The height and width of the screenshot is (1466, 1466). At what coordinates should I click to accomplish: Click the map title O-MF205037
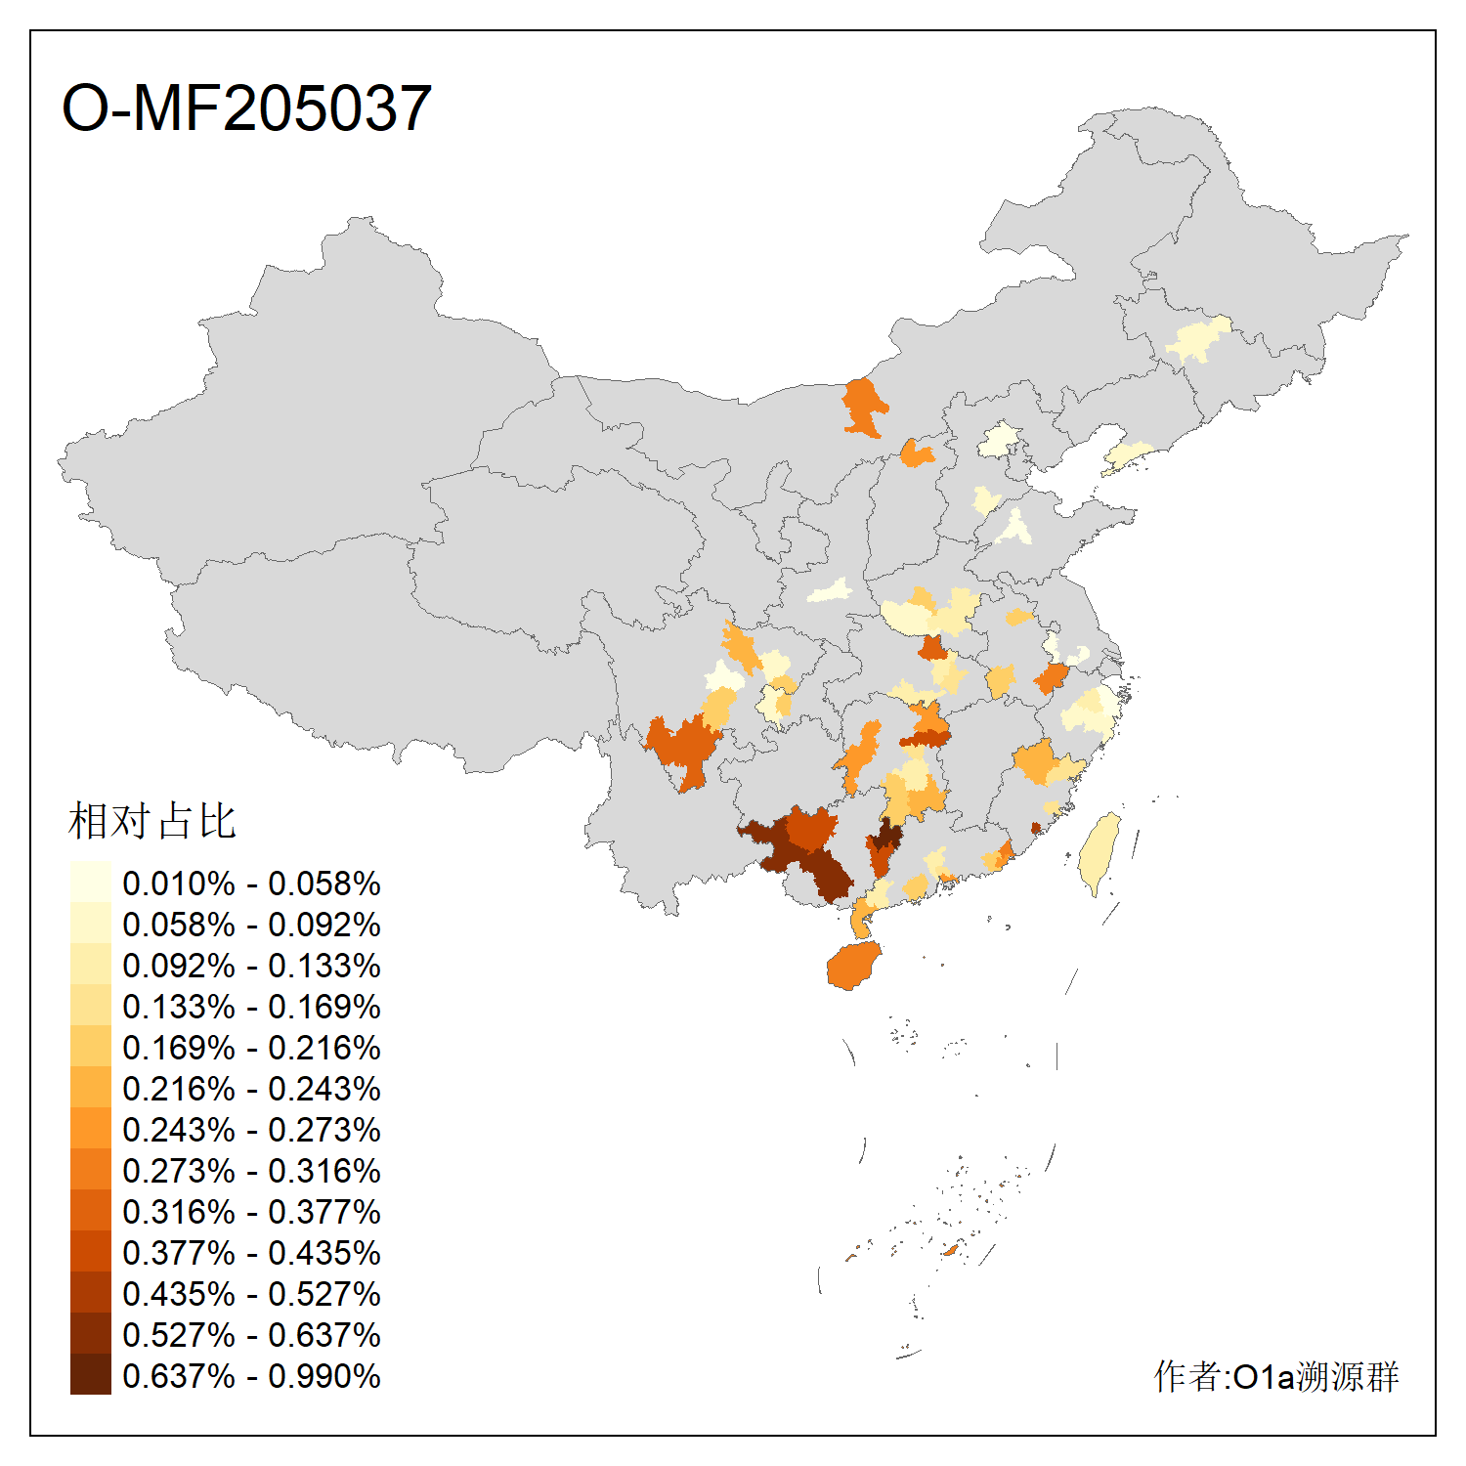[246, 108]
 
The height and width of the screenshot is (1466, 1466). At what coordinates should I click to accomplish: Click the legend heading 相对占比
[152, 821]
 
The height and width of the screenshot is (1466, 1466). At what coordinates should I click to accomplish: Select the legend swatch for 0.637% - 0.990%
[90, 1374]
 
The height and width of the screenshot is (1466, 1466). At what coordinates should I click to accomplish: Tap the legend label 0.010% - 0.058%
[251, 884]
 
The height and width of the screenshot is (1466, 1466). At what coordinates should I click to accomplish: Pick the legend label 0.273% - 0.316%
[251, 1171]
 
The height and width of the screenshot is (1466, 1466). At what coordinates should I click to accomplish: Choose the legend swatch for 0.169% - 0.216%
[90, 1047]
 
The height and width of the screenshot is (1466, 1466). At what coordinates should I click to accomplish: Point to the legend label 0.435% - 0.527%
[251, 1294]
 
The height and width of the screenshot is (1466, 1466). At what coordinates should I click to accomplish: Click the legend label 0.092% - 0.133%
[251, 966]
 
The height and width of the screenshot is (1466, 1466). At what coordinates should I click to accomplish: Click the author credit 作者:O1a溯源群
[1276, 1376]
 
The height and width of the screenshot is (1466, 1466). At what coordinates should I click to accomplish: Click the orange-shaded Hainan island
[853, 966]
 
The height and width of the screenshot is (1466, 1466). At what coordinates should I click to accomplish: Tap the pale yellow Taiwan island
[1099, 850]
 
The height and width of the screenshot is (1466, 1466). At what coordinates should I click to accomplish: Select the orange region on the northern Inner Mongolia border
[864, 407]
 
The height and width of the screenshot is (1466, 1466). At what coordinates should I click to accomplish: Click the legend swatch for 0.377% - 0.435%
[90, 1252]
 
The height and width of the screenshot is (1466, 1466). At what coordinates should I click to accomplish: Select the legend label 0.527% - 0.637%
[251, 1335]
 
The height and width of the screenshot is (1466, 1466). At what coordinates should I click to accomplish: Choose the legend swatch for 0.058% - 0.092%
[90, 924]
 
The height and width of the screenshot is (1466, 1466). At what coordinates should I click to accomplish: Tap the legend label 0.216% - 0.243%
[251, 1089]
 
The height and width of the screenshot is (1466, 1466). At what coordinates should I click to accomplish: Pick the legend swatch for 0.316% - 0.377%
[90, 1211]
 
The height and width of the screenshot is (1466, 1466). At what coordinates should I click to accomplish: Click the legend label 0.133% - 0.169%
[251, 1007]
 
